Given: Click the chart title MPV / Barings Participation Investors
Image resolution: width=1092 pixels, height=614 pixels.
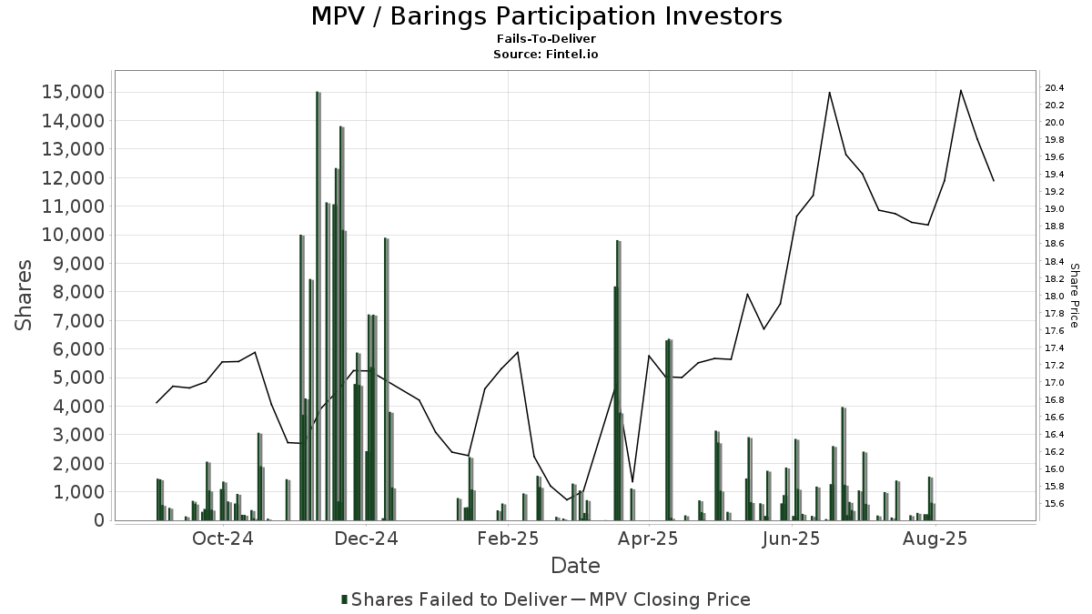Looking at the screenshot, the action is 547,16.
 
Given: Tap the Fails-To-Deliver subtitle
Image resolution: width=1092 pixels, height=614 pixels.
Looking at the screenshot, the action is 546,38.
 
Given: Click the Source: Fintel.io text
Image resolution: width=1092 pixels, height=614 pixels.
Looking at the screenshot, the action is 545,54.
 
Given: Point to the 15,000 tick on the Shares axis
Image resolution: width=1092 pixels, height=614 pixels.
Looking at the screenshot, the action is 73,92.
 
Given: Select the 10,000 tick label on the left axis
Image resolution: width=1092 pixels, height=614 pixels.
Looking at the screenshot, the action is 73,235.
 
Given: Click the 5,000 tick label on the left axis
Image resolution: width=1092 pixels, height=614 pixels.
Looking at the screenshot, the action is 78,377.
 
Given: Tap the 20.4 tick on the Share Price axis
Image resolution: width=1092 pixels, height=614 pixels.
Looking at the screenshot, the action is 1054,87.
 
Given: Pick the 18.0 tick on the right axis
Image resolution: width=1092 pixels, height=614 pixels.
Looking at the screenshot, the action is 1054,296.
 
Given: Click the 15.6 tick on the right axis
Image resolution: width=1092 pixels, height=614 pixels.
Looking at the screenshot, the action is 1054,504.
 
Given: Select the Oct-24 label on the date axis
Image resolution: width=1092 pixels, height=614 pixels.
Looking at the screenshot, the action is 223,539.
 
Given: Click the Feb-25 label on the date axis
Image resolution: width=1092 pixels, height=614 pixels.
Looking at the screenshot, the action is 508,539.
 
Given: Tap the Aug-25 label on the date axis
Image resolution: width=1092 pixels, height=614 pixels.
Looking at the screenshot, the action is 935,539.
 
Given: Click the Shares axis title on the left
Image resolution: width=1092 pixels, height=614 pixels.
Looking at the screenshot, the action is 23,296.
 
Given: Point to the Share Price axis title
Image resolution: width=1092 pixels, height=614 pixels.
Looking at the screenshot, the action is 1074,296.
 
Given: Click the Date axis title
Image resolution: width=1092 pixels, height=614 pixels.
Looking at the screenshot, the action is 575,566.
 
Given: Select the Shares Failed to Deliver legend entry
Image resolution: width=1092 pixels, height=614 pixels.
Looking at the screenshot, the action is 454,599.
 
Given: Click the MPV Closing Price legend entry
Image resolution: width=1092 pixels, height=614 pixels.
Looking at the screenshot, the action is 661,599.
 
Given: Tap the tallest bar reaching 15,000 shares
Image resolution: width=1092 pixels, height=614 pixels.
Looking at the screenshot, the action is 318,306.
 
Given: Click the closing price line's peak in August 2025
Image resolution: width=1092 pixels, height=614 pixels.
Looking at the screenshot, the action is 960,90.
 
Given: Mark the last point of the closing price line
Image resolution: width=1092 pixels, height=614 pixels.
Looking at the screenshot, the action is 994,181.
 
